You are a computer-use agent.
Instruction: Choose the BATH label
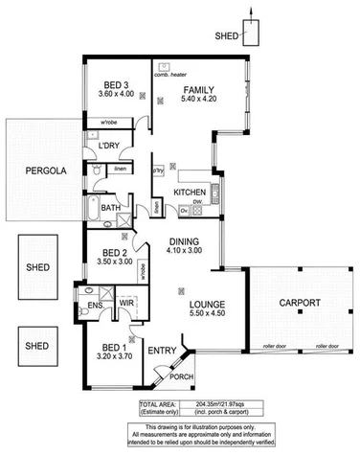(110, 207)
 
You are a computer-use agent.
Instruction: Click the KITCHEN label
(190, 193)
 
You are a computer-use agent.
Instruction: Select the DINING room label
(183, 241)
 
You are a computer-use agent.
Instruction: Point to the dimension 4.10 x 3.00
(183, 251)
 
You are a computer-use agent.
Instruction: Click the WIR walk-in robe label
(124, 304)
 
